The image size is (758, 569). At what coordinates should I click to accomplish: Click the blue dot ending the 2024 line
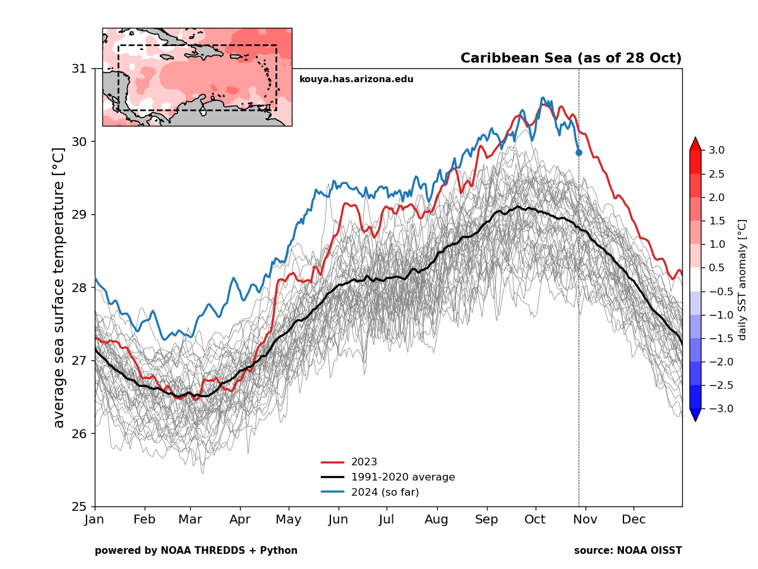[x=579, y=152]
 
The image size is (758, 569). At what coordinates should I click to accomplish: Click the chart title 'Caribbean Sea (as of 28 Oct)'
[x=570, y=58]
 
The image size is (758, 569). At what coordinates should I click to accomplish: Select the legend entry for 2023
[x=364, y=462]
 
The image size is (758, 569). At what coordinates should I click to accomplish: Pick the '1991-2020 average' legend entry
[x=402, y=477]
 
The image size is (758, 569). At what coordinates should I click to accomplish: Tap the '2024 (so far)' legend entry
[x=385, y=492]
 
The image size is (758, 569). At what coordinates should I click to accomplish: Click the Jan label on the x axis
[x=95, y=520]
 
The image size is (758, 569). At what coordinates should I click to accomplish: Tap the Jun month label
[x=338, y=520]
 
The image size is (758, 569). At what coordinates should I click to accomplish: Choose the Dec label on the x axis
[x=634, y=520]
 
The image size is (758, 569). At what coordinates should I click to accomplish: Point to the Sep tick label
[x=486, y=520]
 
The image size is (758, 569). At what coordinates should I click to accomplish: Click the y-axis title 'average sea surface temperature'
[x=59, y=288]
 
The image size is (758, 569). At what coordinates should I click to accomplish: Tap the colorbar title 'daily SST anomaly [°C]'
[x=742, y=279]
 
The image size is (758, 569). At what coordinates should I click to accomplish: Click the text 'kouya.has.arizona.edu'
[x=356, y=79]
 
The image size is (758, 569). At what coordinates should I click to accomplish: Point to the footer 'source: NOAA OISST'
[x=627, y=551]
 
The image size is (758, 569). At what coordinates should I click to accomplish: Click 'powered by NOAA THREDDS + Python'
[x=196, y=551]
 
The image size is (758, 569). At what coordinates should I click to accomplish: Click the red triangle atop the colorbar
[x=695, y=144]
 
